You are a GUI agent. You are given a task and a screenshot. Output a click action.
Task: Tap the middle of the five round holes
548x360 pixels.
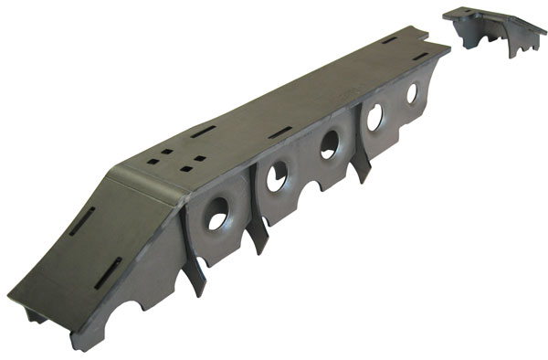329,144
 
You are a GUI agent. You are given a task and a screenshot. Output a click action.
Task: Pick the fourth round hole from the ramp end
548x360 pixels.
374,116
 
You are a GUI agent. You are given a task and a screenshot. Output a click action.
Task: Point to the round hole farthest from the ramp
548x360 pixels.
412,93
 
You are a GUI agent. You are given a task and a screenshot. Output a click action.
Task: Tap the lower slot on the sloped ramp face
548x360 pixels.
110,270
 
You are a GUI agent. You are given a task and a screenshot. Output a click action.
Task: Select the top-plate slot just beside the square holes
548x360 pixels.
203,130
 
